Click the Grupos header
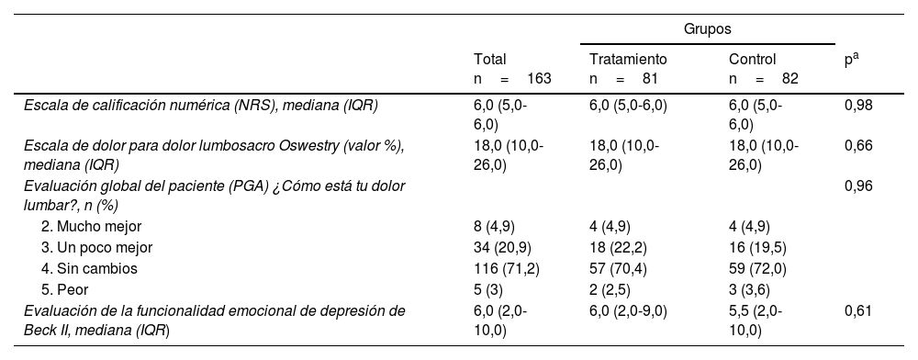707,29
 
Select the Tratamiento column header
628,59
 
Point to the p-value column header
851,59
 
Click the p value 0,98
858,105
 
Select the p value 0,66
858,145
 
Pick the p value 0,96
858,186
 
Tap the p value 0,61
858,310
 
